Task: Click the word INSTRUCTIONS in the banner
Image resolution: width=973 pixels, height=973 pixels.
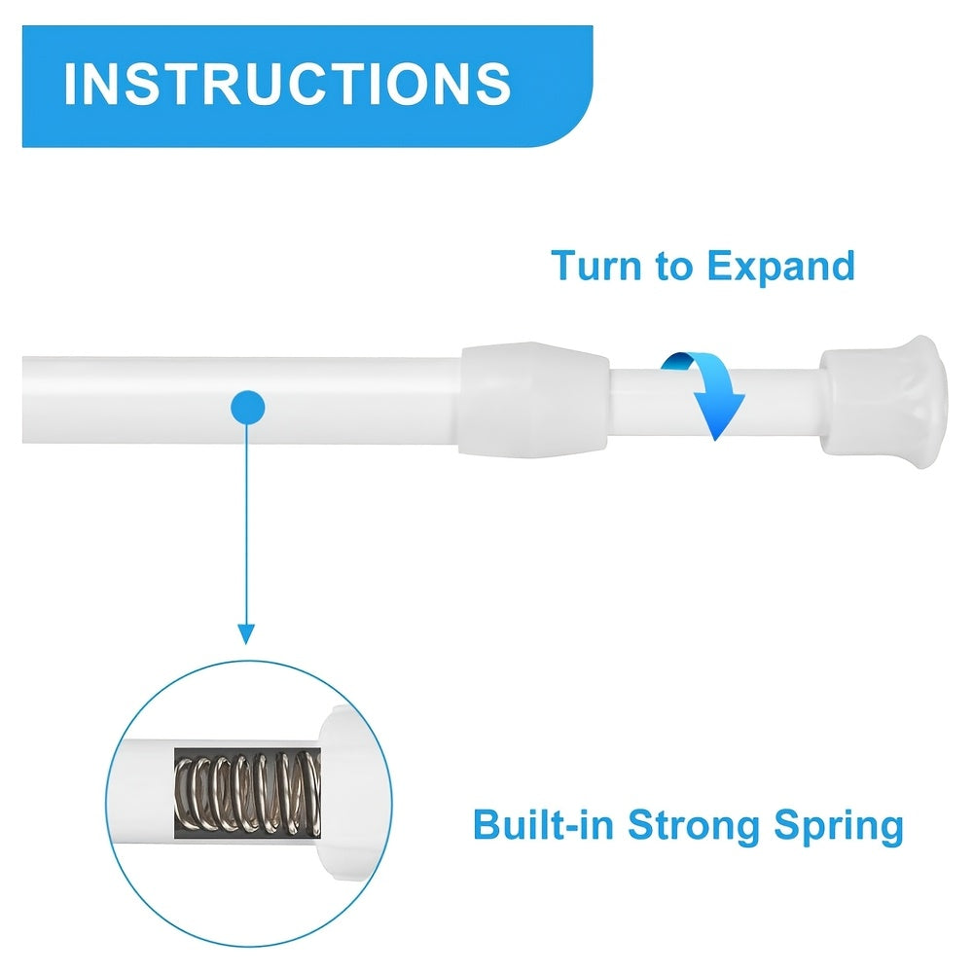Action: point(287,84)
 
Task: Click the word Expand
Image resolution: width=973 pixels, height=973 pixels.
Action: point(779,266)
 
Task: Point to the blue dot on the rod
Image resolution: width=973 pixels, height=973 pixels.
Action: point(248,406)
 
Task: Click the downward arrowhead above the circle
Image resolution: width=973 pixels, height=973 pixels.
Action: point(246,632)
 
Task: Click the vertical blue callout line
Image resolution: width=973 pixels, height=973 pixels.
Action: point(246,525)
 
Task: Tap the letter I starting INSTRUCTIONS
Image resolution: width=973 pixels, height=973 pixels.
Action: point(70,84)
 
